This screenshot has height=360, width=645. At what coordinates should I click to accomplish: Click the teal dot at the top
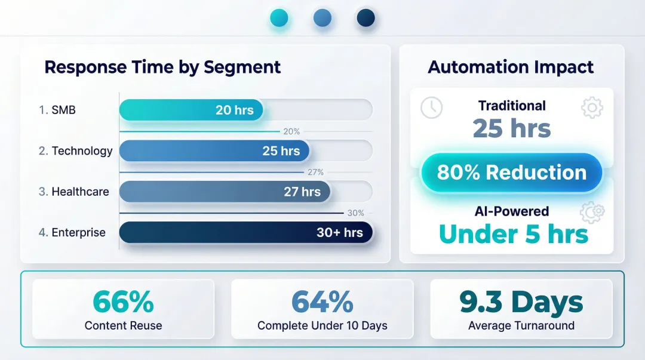click(x=279, y=18)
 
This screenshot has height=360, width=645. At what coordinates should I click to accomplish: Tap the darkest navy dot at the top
click(x=365, y=18)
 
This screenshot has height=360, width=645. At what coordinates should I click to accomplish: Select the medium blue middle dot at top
click(x=322, y=18)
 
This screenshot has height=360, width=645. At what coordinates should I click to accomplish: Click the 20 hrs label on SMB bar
click(x=234, y=110)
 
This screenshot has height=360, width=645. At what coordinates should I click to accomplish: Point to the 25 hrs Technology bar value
click(x=281, y=151)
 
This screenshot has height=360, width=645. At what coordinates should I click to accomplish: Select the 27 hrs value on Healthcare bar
click(x=302, y=192)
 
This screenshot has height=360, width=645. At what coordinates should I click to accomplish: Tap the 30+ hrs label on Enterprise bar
click(x=339, y=233)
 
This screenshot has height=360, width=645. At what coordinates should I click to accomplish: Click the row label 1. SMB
click(x=57, y=110)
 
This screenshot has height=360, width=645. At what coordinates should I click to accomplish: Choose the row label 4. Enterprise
click(x=72, y=233)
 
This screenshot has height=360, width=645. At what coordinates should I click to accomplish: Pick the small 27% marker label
click(x=315, y=172)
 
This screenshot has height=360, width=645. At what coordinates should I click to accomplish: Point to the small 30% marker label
click(x=355, y=213)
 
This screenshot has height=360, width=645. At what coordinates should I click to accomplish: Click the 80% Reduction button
click(x=512, y=173)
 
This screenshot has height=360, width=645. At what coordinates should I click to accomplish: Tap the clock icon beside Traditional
click(x=431, y=107)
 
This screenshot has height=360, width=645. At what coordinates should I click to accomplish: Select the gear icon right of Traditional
click(x=591, y=108)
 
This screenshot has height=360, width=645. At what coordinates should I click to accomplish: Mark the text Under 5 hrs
click(x=514, y=234)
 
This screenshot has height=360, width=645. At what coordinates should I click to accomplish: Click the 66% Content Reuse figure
click(x=123, y=302)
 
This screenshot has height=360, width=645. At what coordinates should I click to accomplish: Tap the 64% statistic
click(x=322, y=302)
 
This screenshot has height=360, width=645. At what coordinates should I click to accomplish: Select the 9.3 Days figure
click(x=521, y=302)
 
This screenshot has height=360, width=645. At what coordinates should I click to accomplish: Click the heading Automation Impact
click(x=511, y=67)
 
